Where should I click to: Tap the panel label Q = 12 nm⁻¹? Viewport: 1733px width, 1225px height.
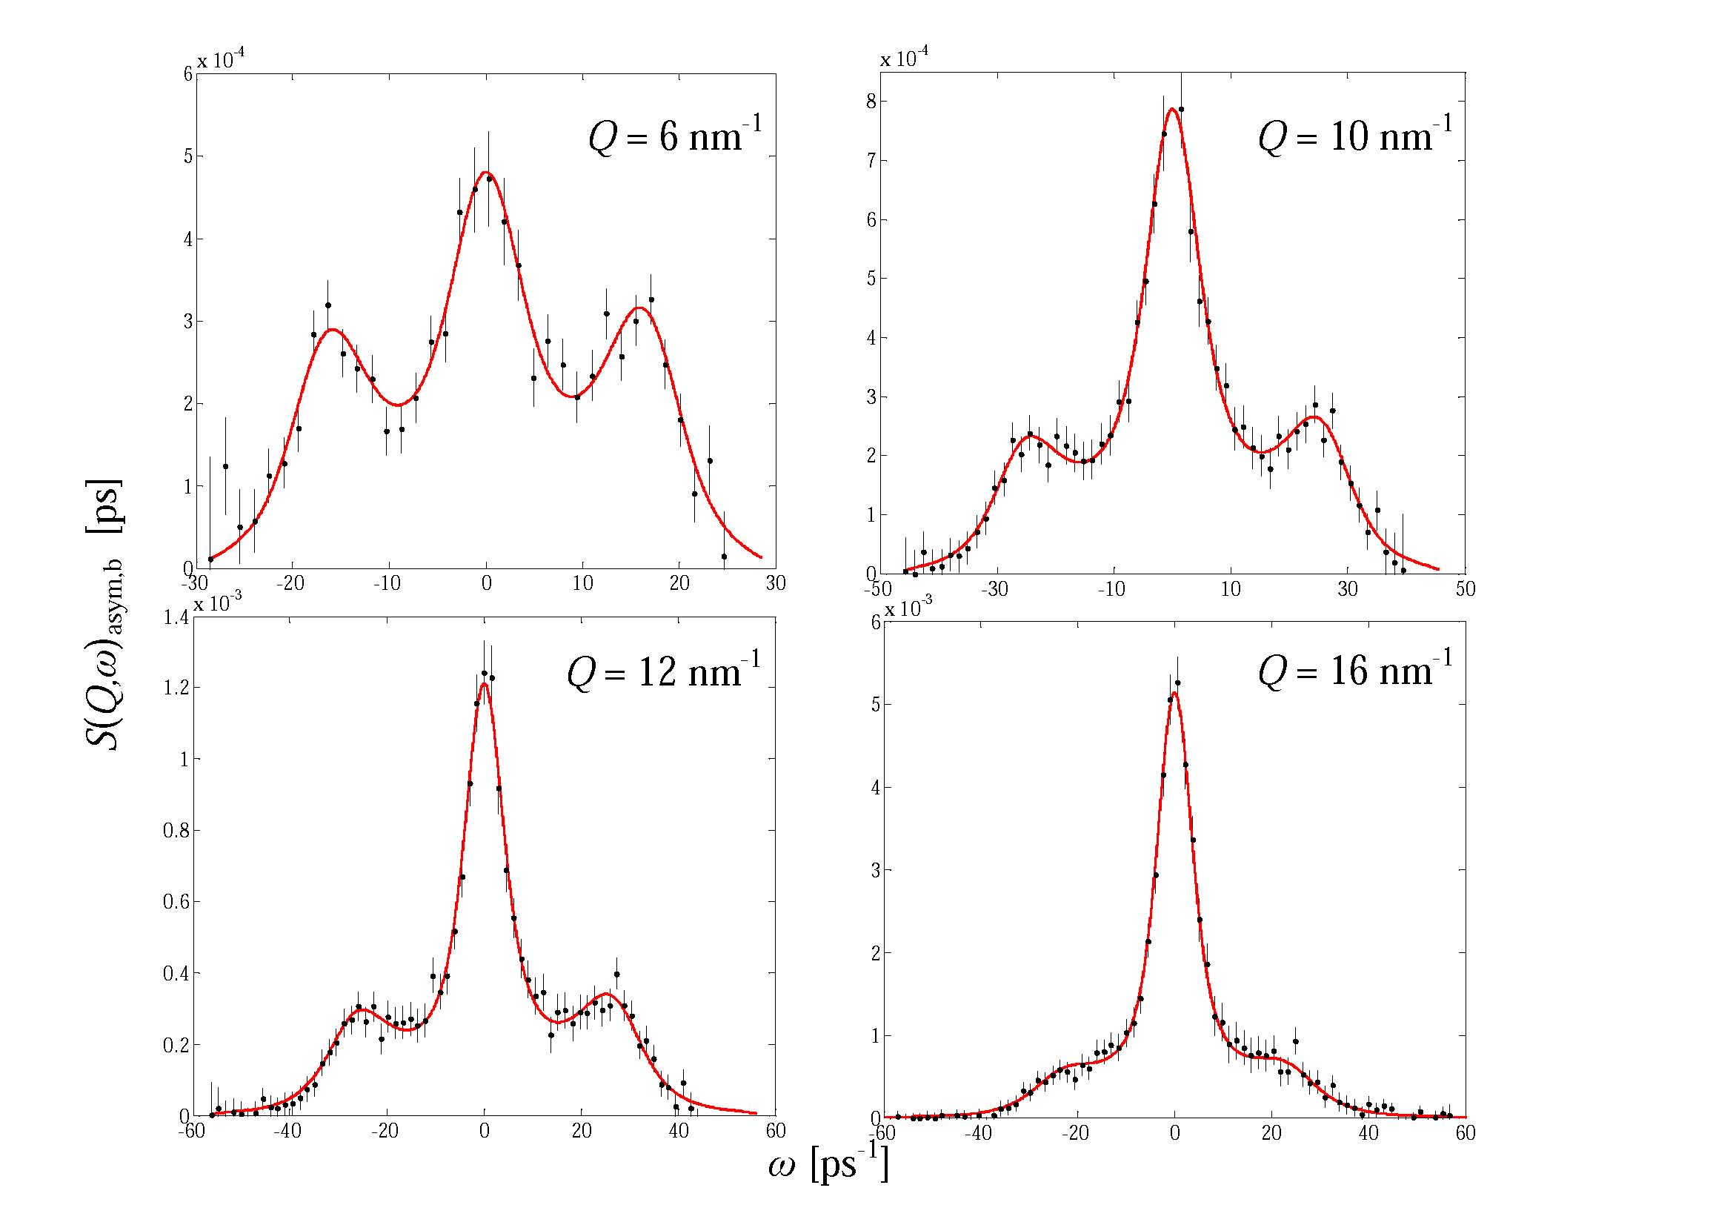(663, 670)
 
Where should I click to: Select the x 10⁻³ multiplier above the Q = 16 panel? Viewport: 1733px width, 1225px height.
(910, 608)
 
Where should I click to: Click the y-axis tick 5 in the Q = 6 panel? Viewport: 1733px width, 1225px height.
(187, 157)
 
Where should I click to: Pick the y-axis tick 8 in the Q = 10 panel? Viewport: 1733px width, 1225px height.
(872, 101)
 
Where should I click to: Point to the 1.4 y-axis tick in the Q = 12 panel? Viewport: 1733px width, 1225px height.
(176, 618)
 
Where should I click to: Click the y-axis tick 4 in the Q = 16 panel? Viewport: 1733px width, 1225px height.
(876, 788)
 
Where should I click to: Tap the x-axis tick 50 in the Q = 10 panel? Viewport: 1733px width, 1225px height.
(1465, 589)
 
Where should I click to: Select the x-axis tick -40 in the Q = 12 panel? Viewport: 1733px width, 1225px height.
(287, 1131)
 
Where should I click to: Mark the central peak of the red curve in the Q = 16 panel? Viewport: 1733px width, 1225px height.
(1174, 692)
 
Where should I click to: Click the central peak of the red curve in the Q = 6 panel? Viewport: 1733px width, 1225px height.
(485, 172)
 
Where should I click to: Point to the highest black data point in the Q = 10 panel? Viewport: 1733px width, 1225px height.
(1181, 110)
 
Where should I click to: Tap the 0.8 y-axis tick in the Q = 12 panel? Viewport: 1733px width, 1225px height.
(176, 830)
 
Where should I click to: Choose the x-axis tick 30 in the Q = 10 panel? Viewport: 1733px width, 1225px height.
(1348, 589)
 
